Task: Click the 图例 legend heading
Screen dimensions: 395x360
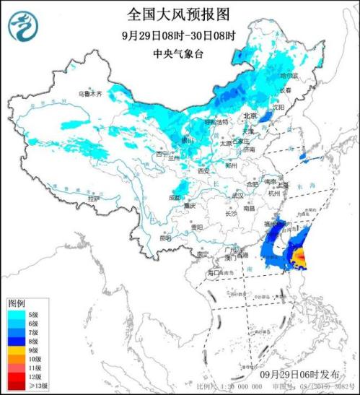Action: tap(17, 303)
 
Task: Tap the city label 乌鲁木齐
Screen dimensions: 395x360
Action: tap(91, 94)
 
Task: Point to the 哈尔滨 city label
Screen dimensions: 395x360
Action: tap(287, 75)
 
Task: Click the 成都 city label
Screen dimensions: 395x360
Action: tap(175, 196)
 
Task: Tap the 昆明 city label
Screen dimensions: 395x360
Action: tap(166, 236)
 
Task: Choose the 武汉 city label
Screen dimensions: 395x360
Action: tap(236, 196)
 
